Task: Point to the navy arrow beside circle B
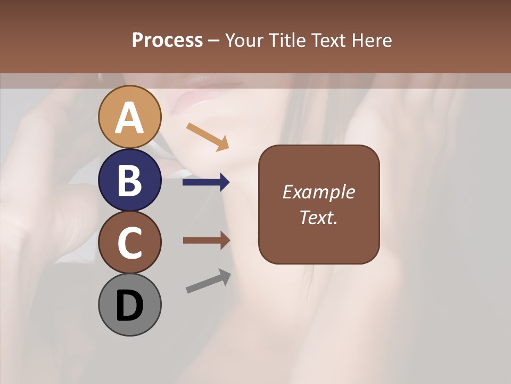(206, 182)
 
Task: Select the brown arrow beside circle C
(206, 240)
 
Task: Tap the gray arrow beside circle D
(208, 281)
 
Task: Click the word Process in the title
(167, 40)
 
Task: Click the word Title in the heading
(285, 40)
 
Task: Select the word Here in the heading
(371, 40)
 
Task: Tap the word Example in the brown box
(318, 192)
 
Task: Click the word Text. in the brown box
(318, 218)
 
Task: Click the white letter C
(130, 243)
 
